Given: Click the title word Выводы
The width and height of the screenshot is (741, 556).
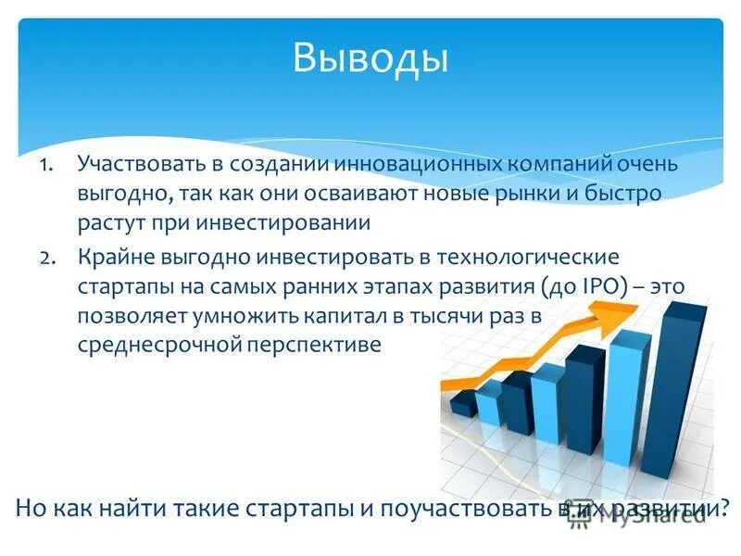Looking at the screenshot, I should [370, 57].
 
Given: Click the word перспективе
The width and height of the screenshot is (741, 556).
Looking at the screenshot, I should [314, 345].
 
